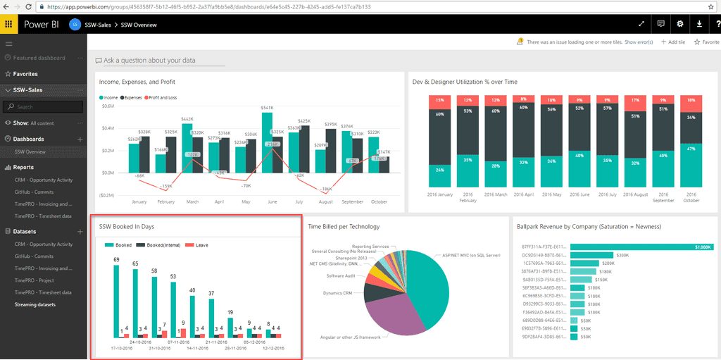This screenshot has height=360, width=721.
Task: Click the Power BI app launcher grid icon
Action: tap(9, 25)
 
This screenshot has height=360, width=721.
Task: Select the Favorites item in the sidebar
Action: tap(25, 74)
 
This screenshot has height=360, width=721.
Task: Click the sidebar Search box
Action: tap(44, 107)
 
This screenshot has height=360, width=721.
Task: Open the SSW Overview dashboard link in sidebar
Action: tap(30, 152)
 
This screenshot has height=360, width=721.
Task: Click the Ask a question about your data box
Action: tap(149, 61)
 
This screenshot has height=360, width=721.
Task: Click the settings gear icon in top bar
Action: tap(680, 24)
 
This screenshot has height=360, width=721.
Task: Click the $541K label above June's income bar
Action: tap(267, 108)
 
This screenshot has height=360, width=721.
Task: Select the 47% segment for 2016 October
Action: tap(691, 149)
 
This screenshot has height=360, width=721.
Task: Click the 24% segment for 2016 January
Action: tap(439, 170)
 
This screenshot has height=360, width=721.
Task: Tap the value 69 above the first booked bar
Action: tap(116, 260)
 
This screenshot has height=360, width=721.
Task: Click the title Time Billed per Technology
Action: tap(344, 227)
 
